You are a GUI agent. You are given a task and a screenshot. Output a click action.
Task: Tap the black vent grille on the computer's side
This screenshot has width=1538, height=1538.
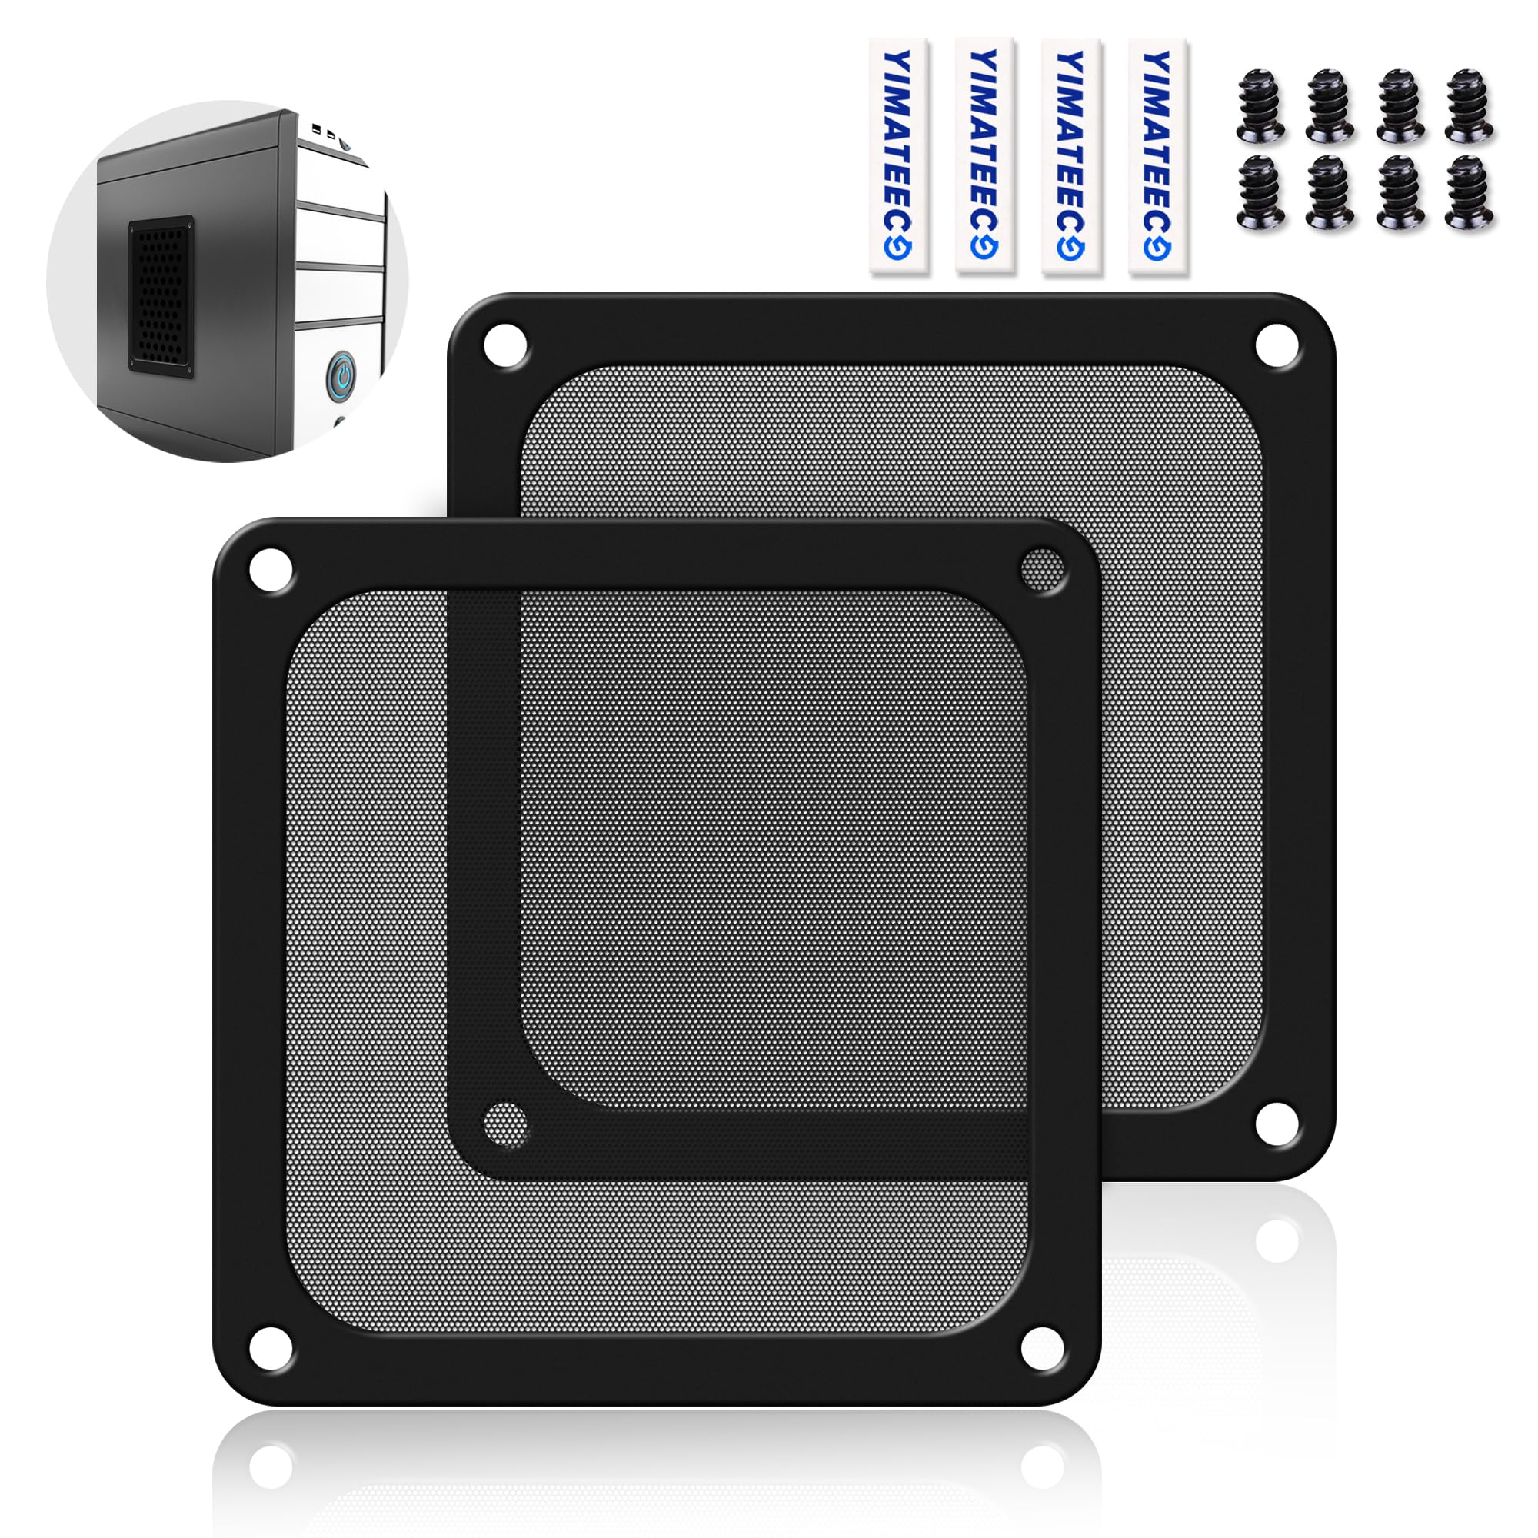161,297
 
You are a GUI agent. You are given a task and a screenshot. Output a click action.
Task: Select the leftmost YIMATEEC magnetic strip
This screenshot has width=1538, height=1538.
899,156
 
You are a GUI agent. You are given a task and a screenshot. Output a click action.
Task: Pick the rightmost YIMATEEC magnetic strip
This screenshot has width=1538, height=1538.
1158,156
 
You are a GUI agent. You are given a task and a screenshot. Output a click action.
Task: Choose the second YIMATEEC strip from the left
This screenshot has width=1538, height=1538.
985,156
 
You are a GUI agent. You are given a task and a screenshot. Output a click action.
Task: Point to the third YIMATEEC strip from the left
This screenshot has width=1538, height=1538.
1071,156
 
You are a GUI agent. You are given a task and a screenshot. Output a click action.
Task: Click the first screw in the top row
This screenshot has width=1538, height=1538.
1261,107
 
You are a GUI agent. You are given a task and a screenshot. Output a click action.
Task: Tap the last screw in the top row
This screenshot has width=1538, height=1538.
1469,107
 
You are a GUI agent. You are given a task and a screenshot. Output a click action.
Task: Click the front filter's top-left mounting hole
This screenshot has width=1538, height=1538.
271,571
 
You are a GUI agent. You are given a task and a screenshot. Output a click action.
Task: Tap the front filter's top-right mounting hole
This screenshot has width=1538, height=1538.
1043,571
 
